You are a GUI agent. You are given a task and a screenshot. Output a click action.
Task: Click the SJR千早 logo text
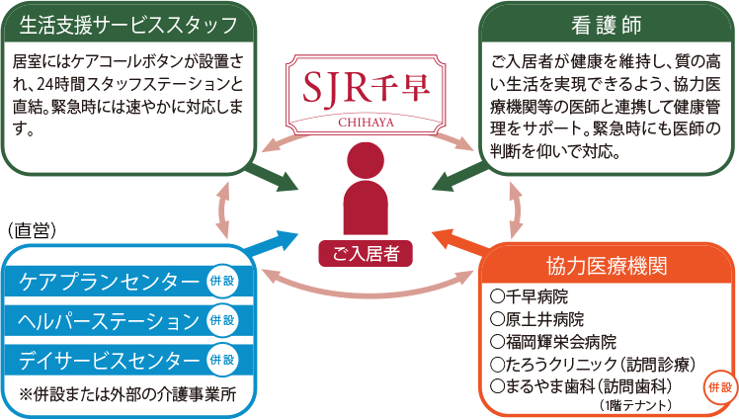point(366,87)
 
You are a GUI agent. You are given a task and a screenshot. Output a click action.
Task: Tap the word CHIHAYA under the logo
point(366,123)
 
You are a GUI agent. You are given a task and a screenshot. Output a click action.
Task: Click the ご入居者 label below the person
point(366,254)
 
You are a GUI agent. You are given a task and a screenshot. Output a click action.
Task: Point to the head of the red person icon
point(366,160)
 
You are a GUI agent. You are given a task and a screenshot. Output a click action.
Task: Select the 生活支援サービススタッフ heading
point(128,25)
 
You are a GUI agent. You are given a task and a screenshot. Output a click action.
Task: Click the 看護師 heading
point(606,25)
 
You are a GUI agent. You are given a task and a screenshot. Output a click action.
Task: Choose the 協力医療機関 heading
point(607,266)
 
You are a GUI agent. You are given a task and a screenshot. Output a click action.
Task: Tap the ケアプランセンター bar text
point(109,282)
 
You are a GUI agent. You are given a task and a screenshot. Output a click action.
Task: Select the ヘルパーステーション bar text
point(109,321)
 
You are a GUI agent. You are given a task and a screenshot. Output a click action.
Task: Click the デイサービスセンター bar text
point(109,361)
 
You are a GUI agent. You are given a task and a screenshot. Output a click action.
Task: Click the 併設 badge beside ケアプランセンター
point(222,281)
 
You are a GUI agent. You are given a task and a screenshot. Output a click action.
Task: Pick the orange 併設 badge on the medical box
point(720,387)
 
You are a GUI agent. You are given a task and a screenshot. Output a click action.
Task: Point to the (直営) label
point(32,230)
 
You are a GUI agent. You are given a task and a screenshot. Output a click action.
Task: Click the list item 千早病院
point(529,296)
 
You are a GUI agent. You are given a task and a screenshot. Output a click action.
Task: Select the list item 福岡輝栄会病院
point(553,342)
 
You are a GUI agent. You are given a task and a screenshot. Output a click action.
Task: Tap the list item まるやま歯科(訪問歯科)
point(581,386)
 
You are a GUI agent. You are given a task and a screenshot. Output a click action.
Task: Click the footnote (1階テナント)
point(635,405)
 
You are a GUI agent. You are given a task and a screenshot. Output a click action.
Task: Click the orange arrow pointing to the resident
point(459,240)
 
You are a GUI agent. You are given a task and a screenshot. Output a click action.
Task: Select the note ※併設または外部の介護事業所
point(127,394)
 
